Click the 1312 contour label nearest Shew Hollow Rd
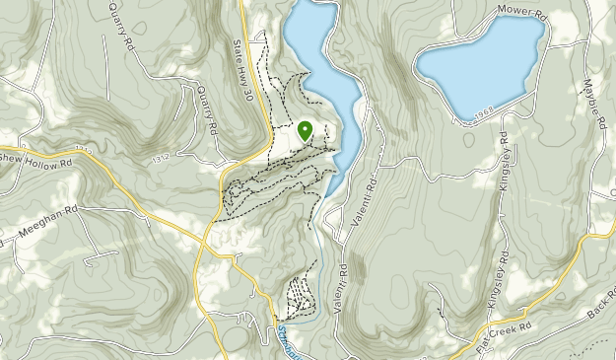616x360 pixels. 83,151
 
